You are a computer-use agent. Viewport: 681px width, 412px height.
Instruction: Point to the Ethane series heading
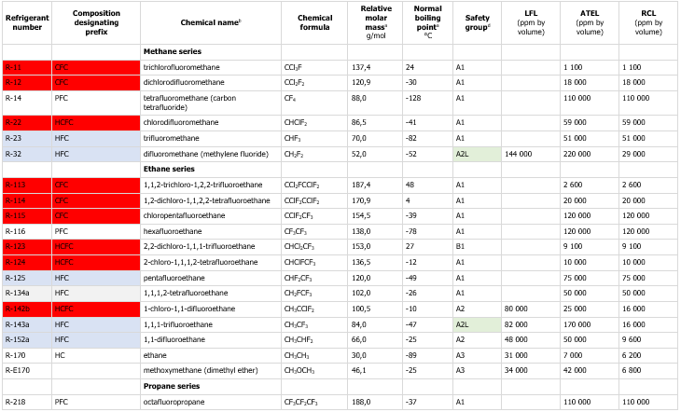170,169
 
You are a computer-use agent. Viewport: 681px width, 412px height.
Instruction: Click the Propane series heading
172,384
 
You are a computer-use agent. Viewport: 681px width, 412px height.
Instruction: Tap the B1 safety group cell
460,246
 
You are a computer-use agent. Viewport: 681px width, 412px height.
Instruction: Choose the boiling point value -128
412,99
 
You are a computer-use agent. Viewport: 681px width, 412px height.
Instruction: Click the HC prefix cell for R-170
61,354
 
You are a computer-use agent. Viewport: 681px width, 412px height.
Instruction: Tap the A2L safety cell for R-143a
463,323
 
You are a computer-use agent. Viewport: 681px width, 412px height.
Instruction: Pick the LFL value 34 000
520,368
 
